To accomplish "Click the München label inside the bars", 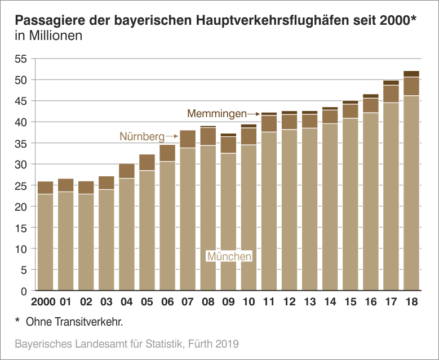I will click(229, 257).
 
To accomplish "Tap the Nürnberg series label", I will click(142, 136).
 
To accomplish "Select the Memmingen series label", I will click(217, 113).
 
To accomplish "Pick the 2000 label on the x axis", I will click(43, 302).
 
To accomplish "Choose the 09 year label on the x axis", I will click(228, 302).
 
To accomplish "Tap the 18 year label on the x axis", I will click(411, 302).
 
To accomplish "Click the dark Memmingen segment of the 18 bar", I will click(411, 74).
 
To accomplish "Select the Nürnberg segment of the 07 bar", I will click(188, 139).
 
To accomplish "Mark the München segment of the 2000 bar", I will click(45, 242).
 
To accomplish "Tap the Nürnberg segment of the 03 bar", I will click(106, 183).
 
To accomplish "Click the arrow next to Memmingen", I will click(254, 114).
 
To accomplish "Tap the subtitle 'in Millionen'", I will click(48, 37).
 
